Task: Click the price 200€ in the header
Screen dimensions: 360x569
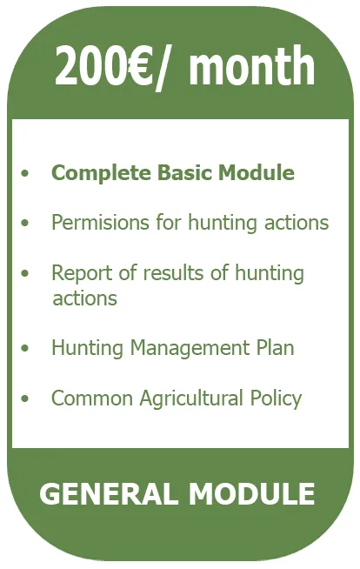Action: tap(103, 65)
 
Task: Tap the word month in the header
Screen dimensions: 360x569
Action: tap(251, 65)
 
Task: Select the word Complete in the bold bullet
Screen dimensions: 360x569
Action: tap(101, 173)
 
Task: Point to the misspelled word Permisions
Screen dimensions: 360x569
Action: tap(100, 222)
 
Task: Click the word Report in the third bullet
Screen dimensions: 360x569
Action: tap(82, 273)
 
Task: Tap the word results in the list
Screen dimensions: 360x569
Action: tap(173, 273)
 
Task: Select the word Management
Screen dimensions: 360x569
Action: tap(190, 348)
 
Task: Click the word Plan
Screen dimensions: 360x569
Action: tap(275, 348)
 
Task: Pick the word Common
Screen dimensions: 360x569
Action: tap(92, 398)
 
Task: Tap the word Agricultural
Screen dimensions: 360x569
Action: tap(191, 398)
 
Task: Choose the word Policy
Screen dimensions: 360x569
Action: tap(276, 398)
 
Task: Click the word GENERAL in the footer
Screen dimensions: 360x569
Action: tap(109, 493)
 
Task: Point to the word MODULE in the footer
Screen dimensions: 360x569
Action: tap(251, 493)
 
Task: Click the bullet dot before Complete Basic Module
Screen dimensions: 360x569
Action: tap(24, 173)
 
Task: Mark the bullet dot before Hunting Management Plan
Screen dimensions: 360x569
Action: tap(24, 349)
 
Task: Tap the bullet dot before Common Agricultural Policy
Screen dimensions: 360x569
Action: tap(24, 399)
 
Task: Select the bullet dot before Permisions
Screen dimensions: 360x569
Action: tap(24, 223)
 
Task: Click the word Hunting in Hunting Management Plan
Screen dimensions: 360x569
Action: tap(87, 348)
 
